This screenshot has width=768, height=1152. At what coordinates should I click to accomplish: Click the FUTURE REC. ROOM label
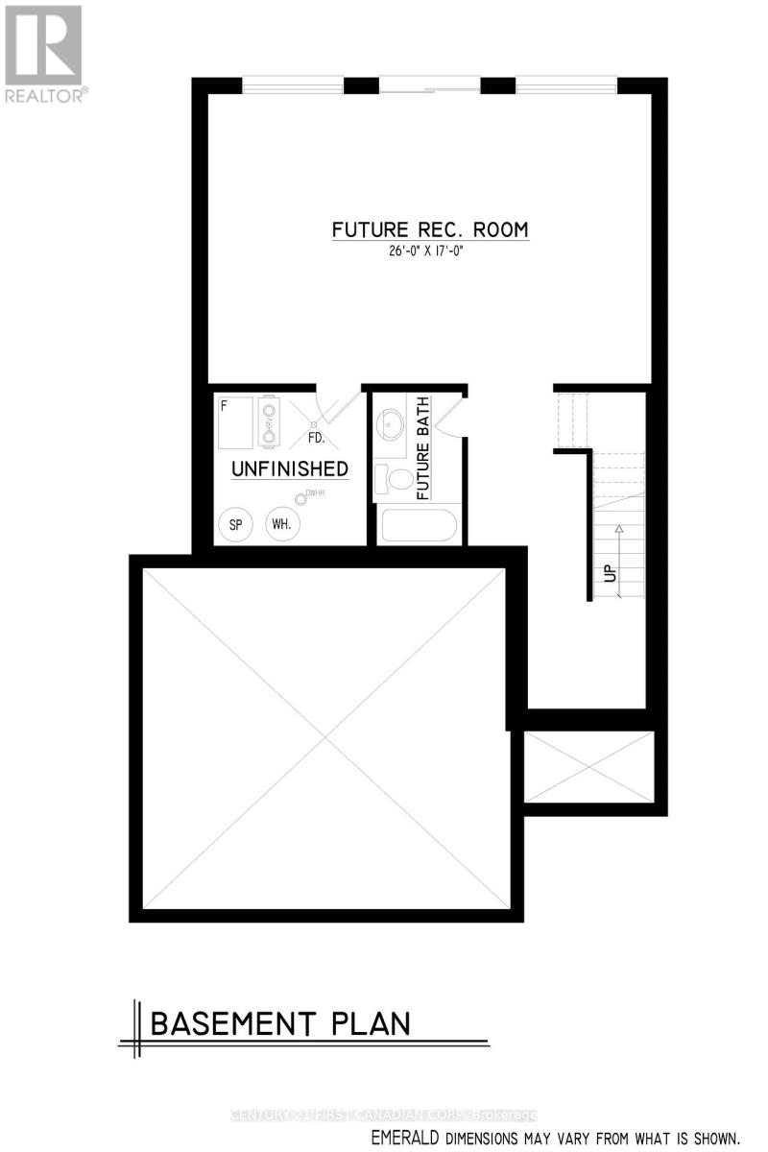pos(430,230)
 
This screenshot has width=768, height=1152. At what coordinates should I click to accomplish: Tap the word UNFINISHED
pos(289,469)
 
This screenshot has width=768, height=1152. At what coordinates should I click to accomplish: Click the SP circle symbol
pos(234,525)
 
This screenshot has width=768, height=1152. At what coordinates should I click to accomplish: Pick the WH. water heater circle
pos(281,525)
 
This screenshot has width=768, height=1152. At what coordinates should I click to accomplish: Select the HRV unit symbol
pos(269,421)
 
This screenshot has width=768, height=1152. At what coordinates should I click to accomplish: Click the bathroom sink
pos(392,423)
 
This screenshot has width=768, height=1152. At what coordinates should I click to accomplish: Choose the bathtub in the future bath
pos(419,526)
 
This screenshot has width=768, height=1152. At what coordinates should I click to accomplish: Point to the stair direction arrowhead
pos(619,529)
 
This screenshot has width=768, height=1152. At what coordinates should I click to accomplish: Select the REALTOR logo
pos(44,52)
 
